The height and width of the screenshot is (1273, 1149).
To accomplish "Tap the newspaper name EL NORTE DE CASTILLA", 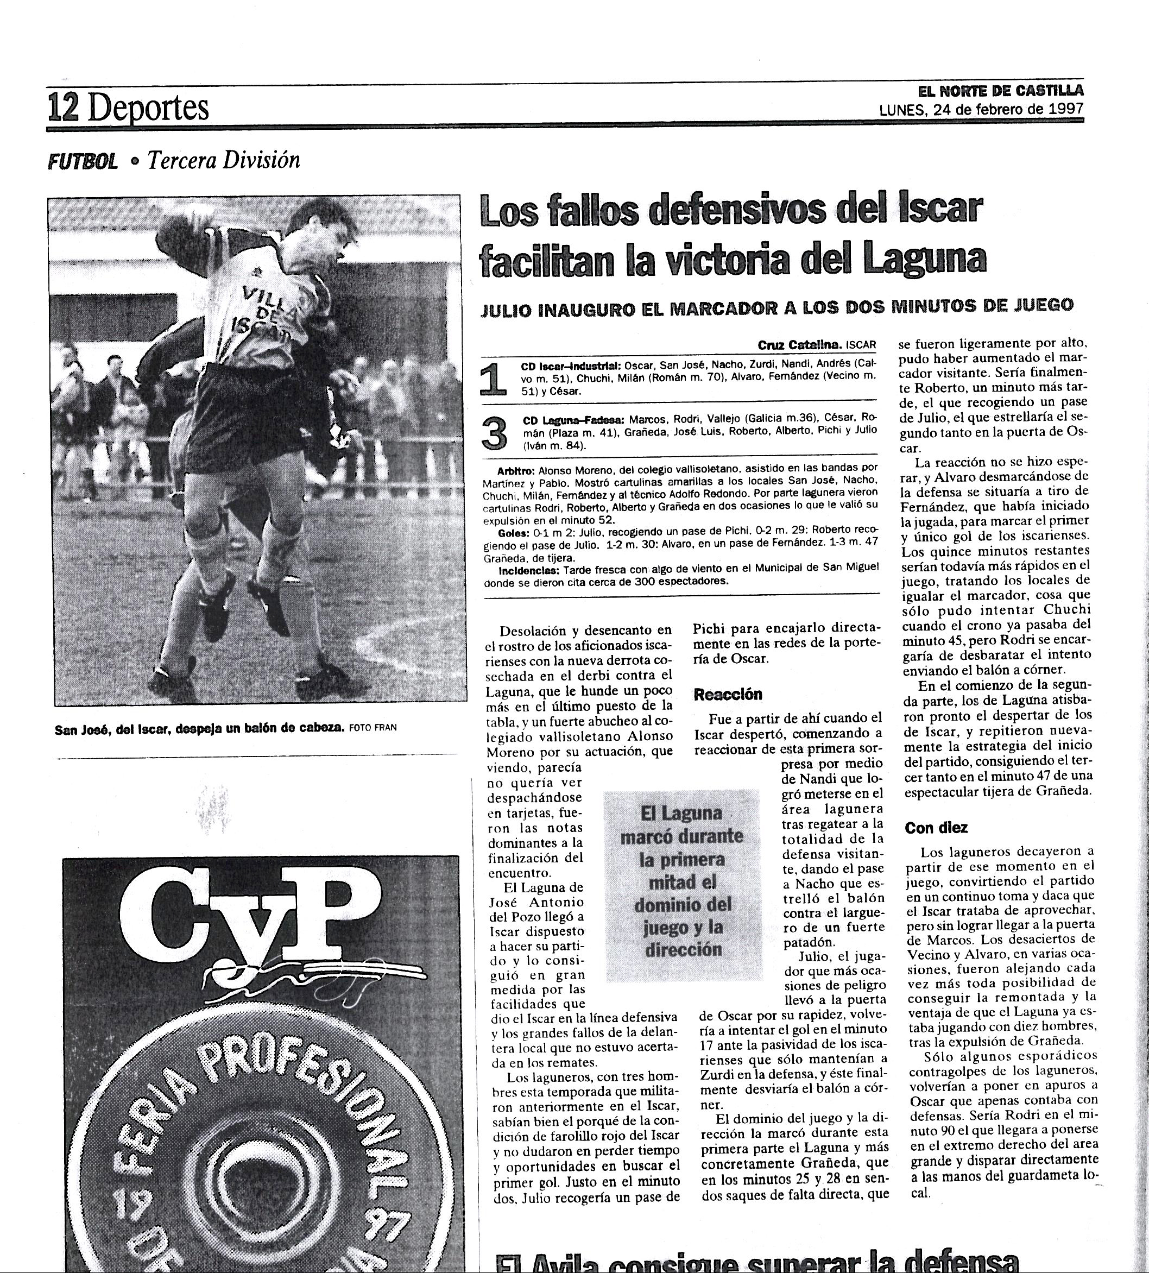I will pos(1001,90).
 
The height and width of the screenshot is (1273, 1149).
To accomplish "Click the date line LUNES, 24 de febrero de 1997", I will pos(981,109).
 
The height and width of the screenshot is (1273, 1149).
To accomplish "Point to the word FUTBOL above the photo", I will pos(83,162).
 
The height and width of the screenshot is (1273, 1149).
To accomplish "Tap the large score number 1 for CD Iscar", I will pos(494,380).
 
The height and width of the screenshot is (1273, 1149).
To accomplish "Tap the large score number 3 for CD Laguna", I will pos(494,433).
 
